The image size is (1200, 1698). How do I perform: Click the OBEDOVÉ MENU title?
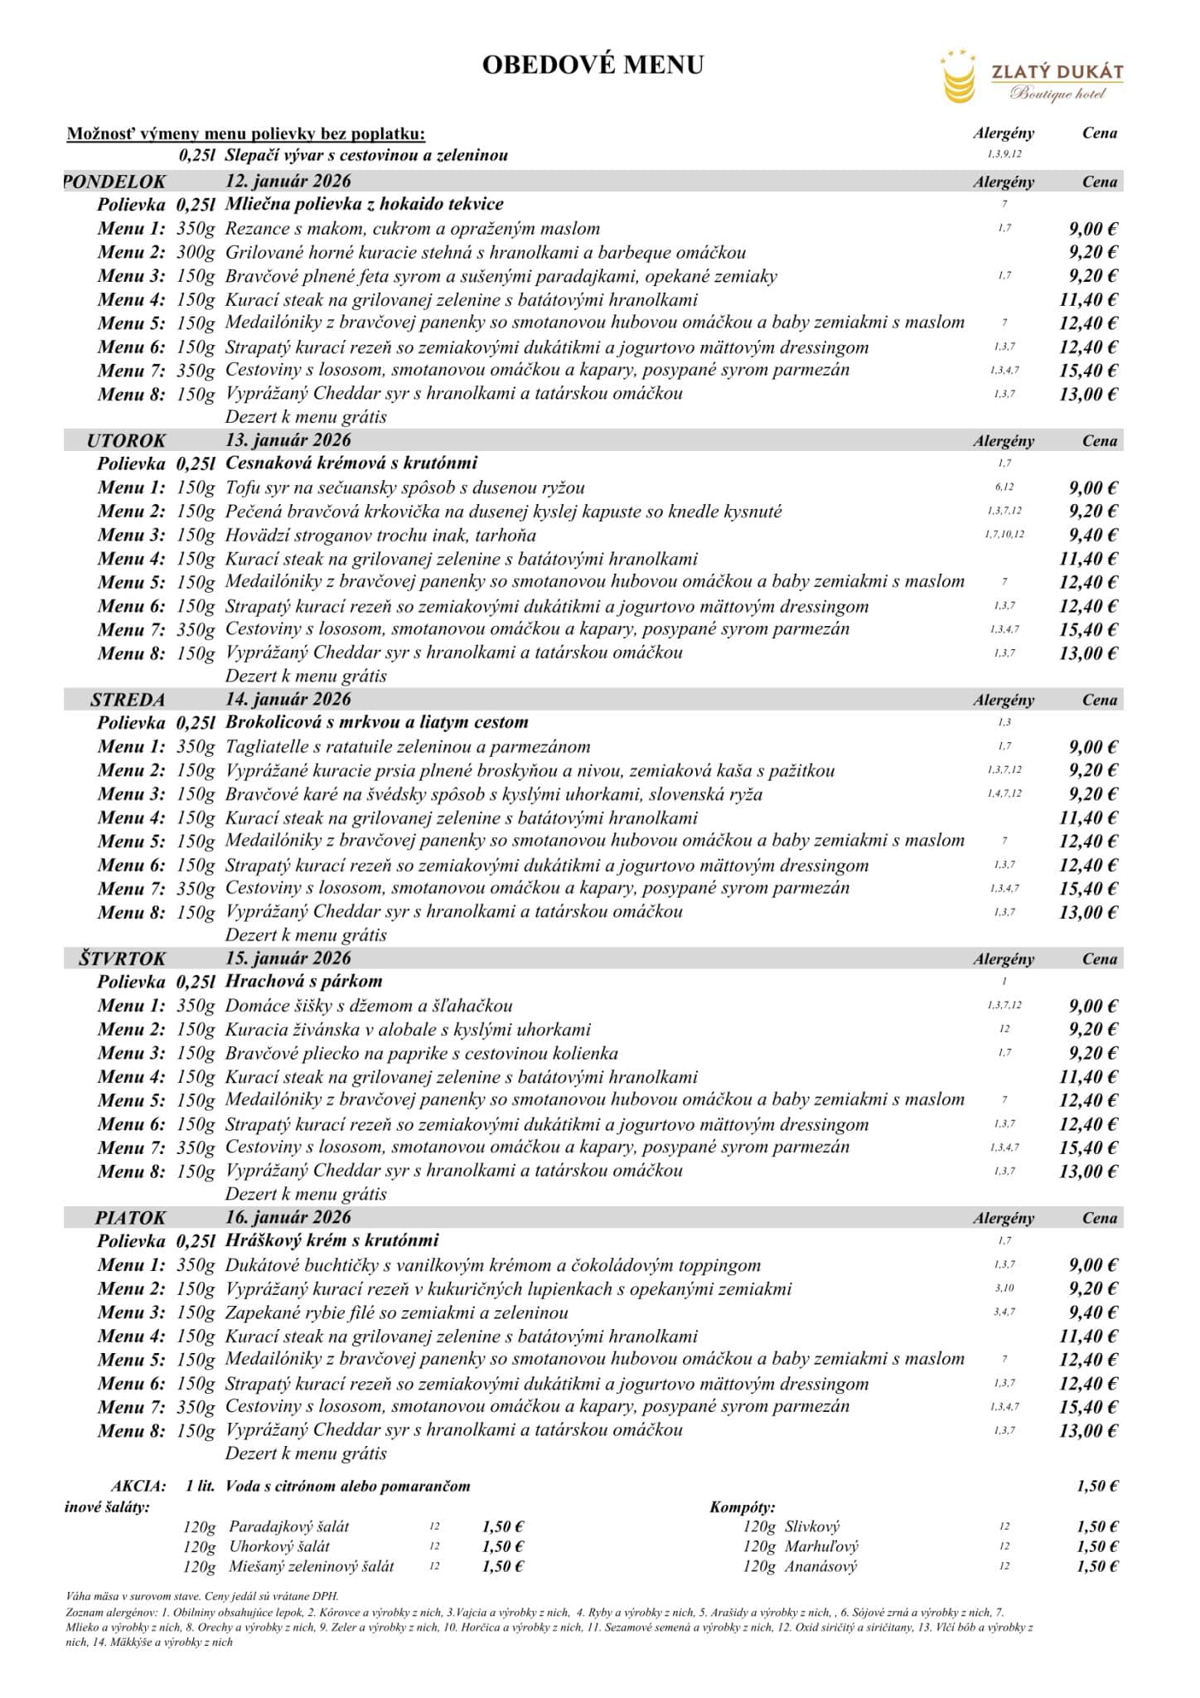coord(593,65)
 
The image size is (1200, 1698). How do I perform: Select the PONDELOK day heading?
coord(115,182)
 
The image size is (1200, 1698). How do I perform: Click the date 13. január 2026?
coord(288,440)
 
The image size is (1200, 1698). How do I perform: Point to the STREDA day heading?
coord(128,700)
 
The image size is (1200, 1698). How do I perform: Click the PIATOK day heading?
coord(130,1218)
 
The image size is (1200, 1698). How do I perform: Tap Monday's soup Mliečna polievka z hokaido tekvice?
coord(364,204)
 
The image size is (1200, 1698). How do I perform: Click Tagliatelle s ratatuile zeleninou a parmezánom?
coord(408,747)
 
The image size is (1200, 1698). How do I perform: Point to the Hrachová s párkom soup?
coord(303,982)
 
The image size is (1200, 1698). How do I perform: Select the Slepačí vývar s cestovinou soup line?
coord(366,156)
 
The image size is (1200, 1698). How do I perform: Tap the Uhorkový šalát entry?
coord(279,1546)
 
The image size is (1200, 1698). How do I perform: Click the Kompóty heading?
coord(742,1507)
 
